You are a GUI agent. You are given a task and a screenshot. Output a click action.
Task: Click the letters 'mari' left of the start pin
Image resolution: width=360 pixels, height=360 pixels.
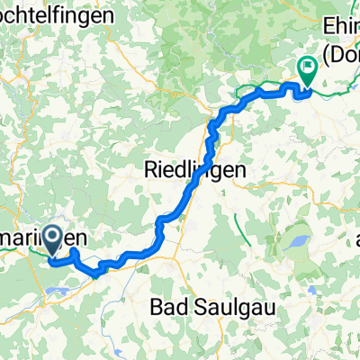tap(19, 239)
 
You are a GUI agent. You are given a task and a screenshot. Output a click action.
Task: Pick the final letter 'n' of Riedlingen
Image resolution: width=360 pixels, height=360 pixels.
tap(241, 168)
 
